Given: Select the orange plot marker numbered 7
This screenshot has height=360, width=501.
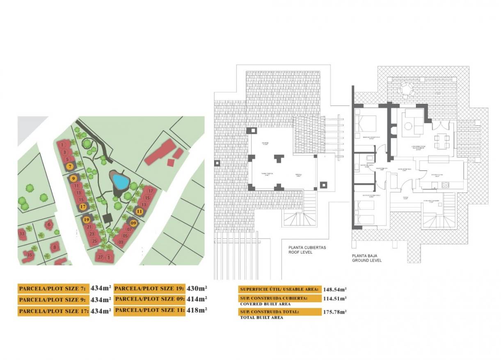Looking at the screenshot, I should click(x=70, y=166).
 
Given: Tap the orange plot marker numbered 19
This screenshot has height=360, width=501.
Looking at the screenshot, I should click(x=87, y=220).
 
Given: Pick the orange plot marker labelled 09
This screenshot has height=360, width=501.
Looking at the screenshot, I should click(x=133, y=223).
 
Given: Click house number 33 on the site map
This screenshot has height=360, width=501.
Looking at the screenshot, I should click(x=22, y=234).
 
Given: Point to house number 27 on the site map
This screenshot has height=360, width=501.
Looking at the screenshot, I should click(x=100, y=257).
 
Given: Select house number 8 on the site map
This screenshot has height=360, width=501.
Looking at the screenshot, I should click(x=54, y=247).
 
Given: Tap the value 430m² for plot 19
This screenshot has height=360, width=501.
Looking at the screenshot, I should click(x=197, y=288).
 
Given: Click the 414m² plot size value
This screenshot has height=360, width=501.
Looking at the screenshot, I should click(x=197, y=299).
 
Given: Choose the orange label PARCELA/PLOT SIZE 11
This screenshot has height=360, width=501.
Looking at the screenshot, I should click(x=149, y=310).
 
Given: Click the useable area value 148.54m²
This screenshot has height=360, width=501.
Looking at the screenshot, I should click(x=335, y=289).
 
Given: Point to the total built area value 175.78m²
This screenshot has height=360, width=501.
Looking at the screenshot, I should click(x=335, y=312).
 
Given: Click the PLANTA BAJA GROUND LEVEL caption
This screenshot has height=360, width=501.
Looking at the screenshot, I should click(x=367, y=258).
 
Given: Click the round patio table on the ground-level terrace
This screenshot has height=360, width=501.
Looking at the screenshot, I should click(x=405, y=87).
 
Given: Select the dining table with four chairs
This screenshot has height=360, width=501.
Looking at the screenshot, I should click(x=442, y=142).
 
